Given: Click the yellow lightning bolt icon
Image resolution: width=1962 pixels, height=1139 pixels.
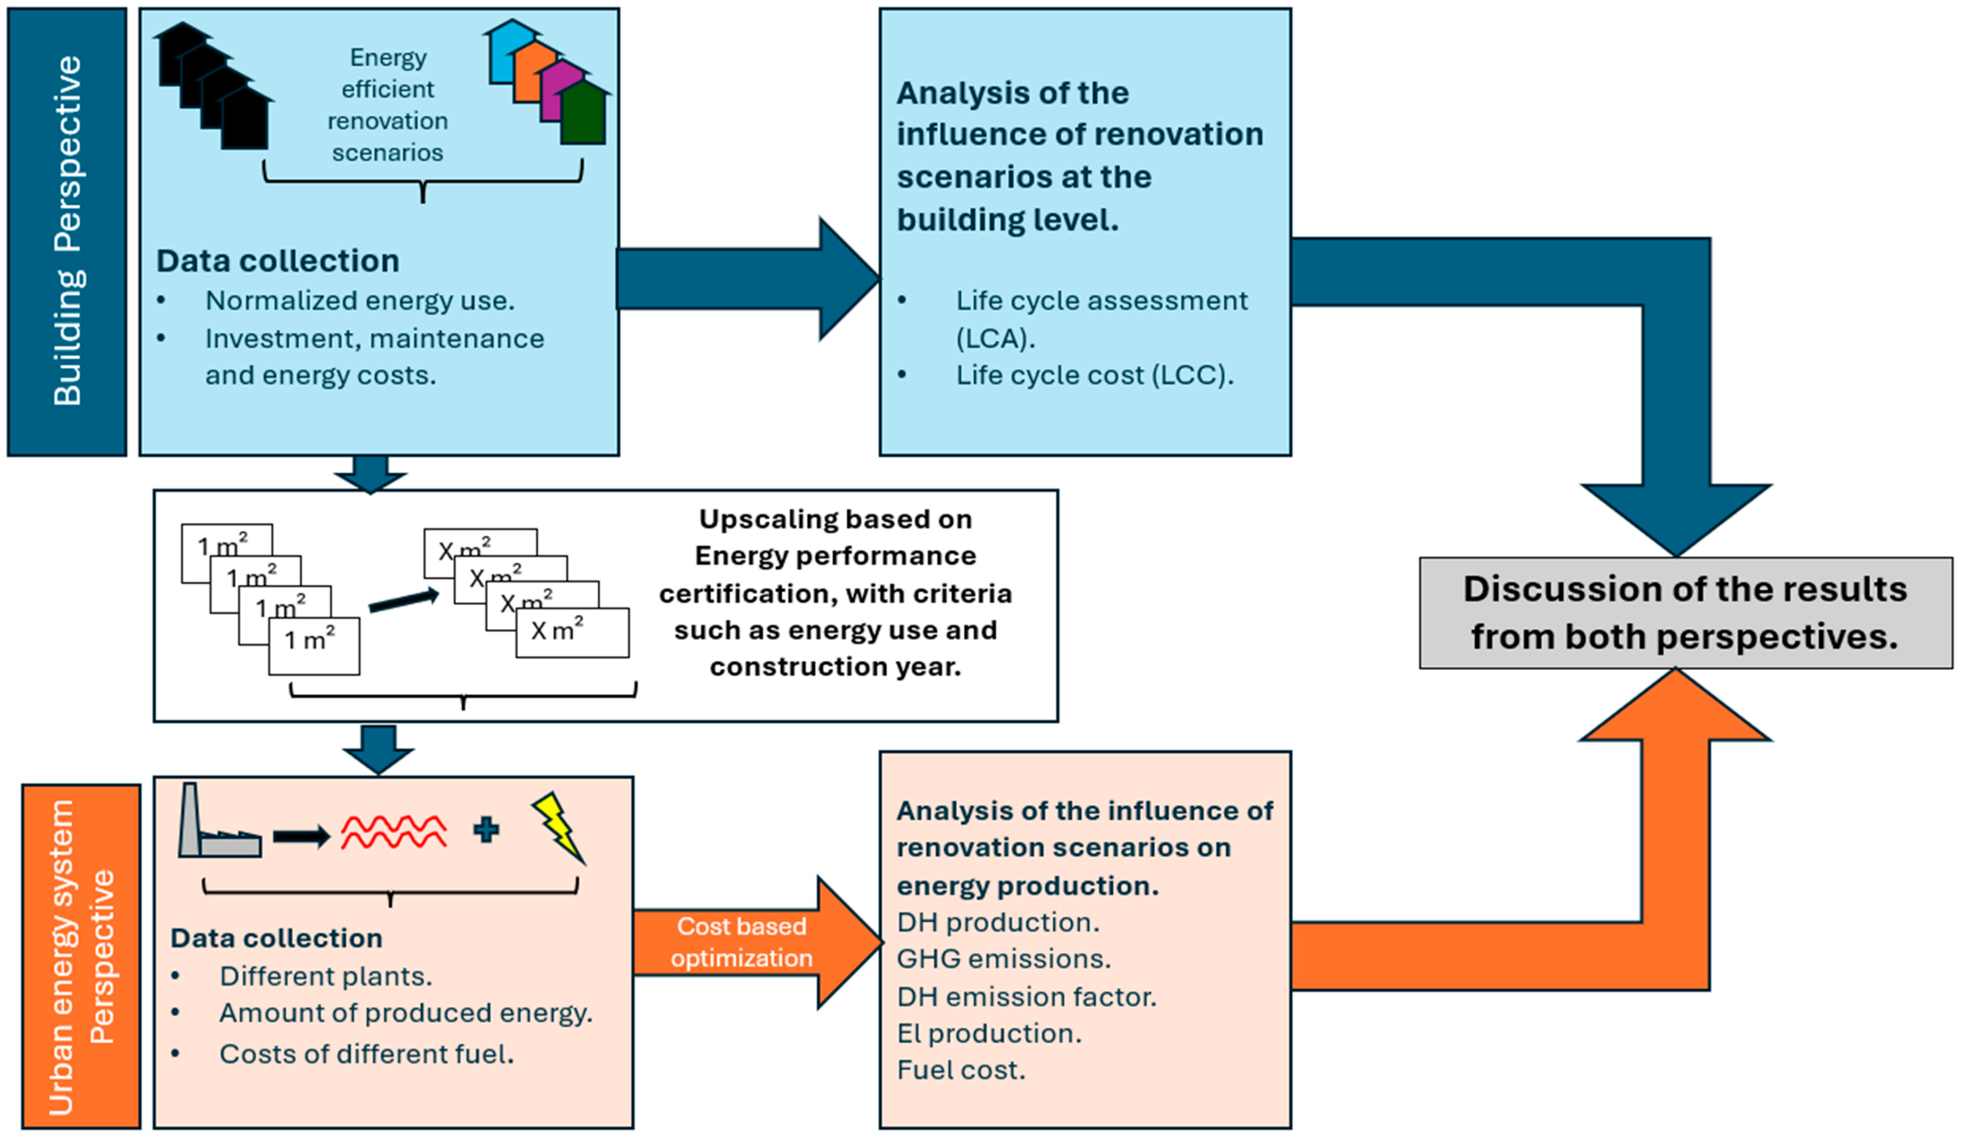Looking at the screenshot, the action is coord(558,827).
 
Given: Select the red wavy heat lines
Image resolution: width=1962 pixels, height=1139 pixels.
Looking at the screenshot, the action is coord(394,831).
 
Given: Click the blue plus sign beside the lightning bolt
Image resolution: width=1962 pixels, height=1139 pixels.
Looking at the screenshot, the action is coord(487,830).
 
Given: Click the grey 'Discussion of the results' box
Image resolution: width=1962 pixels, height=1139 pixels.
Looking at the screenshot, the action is coord(1686,613).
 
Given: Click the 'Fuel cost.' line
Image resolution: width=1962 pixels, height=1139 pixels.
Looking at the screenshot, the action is coord(961,1070).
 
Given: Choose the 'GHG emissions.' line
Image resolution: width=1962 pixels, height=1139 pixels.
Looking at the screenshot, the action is coord(1004,959).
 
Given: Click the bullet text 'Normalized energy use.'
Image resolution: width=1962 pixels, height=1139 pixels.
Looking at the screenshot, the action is coord(360,300).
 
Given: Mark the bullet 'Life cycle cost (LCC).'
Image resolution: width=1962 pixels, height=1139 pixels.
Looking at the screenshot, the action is coord(1095,375).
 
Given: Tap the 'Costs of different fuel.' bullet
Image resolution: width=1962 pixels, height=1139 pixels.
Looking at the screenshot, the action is coord(367,1054).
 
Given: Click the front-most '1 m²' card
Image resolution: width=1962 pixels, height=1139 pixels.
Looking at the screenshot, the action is coord(314,646).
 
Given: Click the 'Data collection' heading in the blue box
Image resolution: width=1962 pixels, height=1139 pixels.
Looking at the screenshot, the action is coord(278,261).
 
